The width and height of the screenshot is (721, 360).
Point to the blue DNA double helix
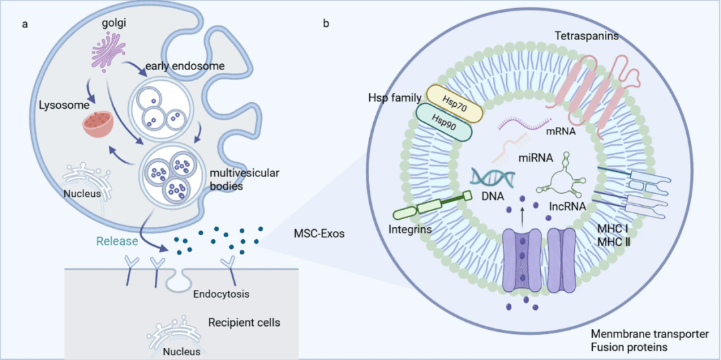tap(495, 176)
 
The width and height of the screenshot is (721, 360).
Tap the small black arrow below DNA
tap(522, 213)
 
